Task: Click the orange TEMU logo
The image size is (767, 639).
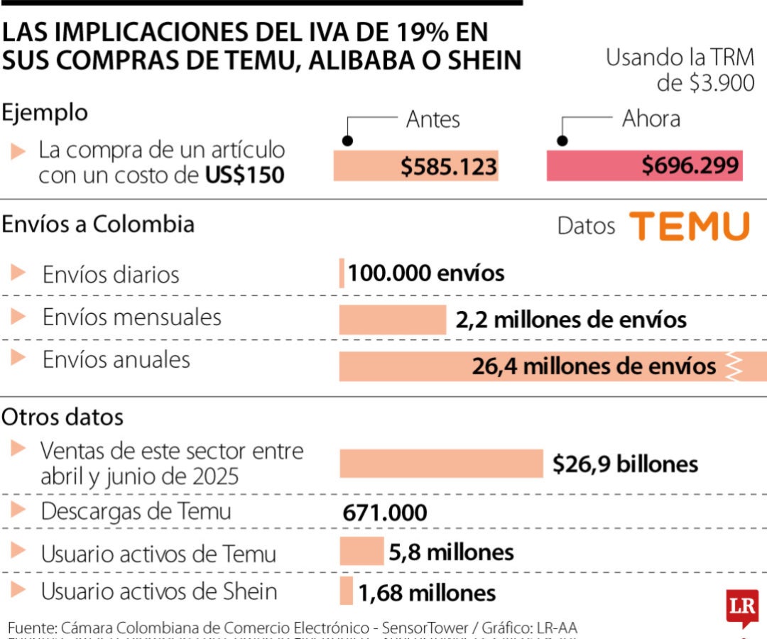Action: tap(690, 226)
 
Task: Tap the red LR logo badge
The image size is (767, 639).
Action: tap(742, 607)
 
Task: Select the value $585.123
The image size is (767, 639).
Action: tap(448, 167)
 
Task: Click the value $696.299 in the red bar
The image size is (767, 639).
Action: tap(690, 166)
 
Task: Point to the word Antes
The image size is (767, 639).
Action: tap(433, 119)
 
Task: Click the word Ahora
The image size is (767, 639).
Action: tap(651, 119)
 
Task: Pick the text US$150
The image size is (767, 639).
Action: tap(245, 175)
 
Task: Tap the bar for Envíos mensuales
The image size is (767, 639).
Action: tap(392, 319)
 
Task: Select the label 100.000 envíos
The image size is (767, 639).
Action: tap(426, 273)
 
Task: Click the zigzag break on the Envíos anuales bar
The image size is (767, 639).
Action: tap(733, 366)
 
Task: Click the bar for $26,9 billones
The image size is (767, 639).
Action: tap(441, 464)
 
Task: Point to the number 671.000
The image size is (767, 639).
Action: tap(385, 513)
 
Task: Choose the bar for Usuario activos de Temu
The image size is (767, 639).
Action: tap(361, 552)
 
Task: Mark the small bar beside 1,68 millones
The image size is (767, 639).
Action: tap(346, 591)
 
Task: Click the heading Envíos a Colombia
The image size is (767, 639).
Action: tap(98, 224)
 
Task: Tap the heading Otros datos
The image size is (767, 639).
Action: tap(62, 417)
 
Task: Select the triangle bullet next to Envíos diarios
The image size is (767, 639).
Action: tap(19, 273)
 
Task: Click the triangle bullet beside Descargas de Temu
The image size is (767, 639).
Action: tap(19, 510)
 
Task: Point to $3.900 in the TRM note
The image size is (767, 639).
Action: tap(722, 83)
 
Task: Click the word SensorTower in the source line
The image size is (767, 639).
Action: tap(425, 628)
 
